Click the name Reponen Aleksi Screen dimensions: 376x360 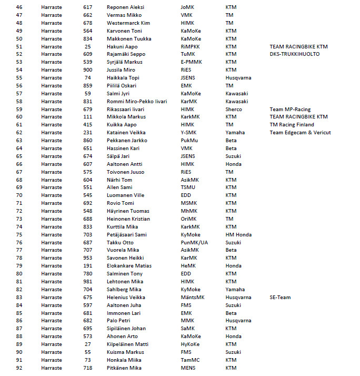tap(125, 7)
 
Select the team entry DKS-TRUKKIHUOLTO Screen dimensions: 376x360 tap(294, 54)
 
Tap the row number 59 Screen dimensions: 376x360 tap(19, 109)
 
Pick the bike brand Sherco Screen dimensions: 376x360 tap(234, 109)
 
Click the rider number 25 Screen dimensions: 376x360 tap(87, 46)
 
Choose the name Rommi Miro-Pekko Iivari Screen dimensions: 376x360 tap(137, 101)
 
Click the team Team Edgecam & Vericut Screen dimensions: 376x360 tap(300, 133)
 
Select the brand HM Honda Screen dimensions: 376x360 tap(238, 234)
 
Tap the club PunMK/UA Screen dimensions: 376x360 tap(194, 242)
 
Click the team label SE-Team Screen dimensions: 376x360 tap(280, 297)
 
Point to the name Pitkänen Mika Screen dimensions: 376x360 tap(124, 368)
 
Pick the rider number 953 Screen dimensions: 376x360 tap(87, 258)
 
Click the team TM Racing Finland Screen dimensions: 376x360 tap(292, 125)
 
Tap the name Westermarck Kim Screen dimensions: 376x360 tap(128, 23)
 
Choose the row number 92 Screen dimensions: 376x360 tap(19, 368)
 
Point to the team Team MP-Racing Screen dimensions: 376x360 tap(291, 109)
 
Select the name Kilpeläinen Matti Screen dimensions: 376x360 tap(127, 344)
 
